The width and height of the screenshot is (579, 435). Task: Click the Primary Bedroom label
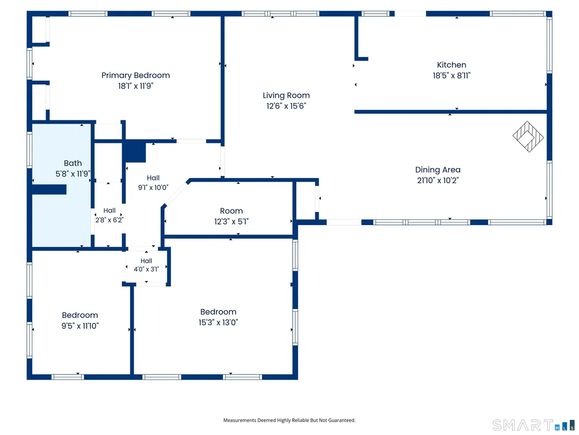(x=135, y=75)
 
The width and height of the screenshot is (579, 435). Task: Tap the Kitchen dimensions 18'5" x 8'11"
(x=451, y=75)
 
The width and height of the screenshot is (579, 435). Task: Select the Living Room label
(x=286, y=95)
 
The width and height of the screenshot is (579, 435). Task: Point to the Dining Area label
(x=438, y=170)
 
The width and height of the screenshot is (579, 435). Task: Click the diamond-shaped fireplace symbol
(x=528, y=137)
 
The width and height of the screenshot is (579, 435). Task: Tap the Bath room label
(x=73, y=163)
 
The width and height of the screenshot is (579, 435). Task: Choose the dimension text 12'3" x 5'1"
(x=231, y=221)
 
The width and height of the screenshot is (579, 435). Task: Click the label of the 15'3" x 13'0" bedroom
(x=218, y=312)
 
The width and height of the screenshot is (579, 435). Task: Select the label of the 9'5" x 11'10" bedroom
(x=80, y=315)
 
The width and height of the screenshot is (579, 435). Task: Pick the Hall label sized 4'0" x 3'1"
(x=146, y=261)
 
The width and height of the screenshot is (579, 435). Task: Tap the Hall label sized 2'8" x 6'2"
(x=109, y=210)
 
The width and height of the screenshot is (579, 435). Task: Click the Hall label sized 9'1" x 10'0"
(x=153, y=178)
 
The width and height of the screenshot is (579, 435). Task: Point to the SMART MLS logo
(x=534, y=425)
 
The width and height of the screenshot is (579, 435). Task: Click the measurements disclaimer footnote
(x=289, y=420)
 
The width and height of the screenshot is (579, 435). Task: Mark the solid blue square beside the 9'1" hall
(x=134, y=151)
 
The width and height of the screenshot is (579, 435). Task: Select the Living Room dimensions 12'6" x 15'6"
(x=286, y=106)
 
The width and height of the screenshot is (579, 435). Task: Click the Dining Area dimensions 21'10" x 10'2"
(x=438, y=181)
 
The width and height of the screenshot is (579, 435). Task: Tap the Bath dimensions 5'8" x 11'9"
(x=73, y=174)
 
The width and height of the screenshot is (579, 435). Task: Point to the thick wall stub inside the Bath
(x=49, y=189)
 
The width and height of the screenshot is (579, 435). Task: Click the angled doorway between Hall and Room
(x=176, y=194)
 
